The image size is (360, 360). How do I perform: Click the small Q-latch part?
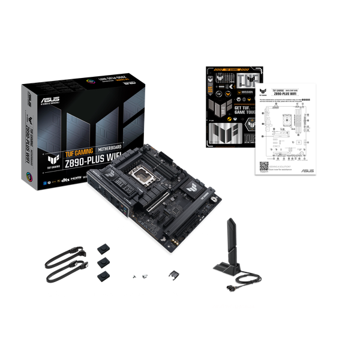tap(174, 274)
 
